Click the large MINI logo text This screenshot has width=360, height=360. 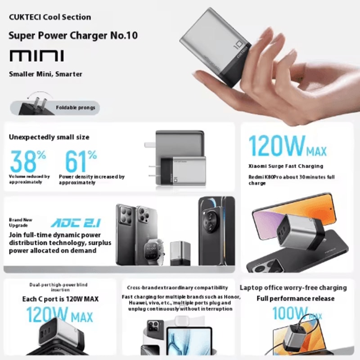pos(37,56)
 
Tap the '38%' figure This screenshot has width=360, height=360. pos(28,161)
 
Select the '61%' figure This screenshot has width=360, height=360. pos(81,161)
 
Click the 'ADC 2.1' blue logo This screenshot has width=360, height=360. pos(76,223)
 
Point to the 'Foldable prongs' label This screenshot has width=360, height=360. pos(76,108)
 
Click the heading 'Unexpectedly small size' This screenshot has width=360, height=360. pos(49,137)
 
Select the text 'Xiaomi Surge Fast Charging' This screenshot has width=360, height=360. pos(286,166)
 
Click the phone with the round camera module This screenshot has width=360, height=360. pos(217,231)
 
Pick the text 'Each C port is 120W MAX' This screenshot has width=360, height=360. pos(60,299)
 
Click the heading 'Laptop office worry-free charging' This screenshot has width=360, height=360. pos(293,288)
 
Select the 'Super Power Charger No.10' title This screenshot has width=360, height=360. pos(73,36)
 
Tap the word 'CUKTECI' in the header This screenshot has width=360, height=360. pos(25,17)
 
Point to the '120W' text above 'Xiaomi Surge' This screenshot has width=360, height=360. pos(278,145)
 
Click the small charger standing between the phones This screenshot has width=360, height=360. pos(180,253)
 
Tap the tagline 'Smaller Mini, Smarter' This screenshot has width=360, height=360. pos(45,74)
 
